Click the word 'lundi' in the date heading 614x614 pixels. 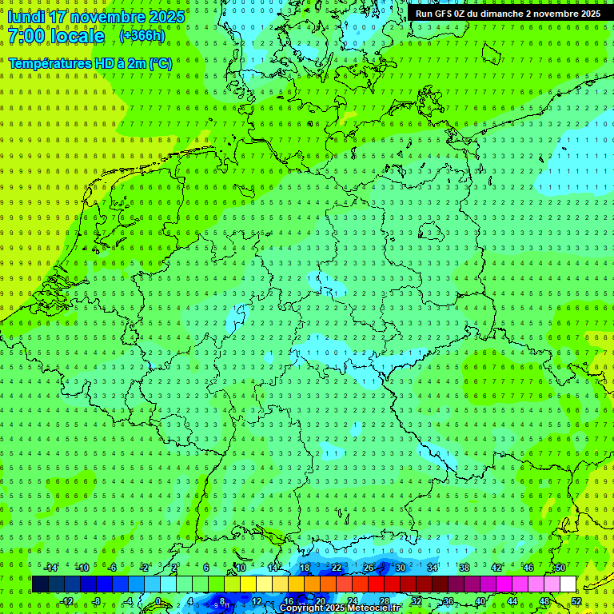pos(26,17)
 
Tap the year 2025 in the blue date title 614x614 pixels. pos(165,17)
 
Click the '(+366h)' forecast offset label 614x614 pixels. pos(142,36)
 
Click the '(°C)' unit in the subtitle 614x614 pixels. pos(161,62)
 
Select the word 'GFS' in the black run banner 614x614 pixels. pos(445,14)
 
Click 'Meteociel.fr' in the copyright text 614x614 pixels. pos(375,608)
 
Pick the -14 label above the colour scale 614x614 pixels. pos(51,568)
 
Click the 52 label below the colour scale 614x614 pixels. pos(576,601)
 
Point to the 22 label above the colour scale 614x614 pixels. pos(337,568)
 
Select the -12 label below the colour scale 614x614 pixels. pos(68,601)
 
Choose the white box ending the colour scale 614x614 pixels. pos(568,584)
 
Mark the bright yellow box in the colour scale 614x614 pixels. pos(249,584)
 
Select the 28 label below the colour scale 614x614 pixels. pos(385,601)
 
